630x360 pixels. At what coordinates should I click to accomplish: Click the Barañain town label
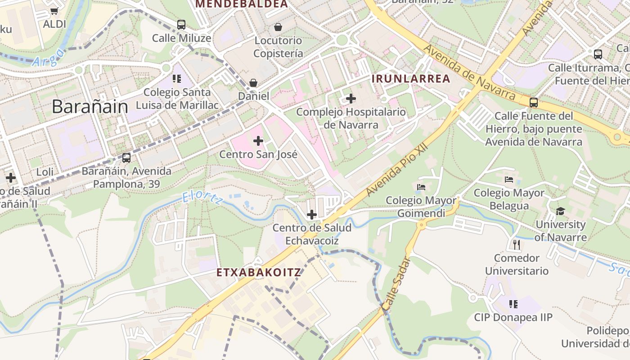pos(90,107)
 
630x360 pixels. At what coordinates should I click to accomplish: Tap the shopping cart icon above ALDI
pos(54,11)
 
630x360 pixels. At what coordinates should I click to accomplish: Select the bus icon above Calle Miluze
pos(181,25)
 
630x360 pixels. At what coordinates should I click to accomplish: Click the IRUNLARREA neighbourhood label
pos(411,79)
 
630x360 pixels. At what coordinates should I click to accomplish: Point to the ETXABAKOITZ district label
pos(259,273)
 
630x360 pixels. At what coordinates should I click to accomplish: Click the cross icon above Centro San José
pos(258,141)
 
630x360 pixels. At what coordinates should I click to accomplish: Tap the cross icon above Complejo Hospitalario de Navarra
pos(351,99)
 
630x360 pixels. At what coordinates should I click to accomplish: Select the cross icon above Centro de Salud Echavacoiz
pos(311,215)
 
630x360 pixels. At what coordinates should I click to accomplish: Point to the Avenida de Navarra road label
pos(469,72)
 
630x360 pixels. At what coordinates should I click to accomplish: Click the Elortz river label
pos(202,198)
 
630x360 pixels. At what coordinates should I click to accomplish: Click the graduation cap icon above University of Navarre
pos(560,211)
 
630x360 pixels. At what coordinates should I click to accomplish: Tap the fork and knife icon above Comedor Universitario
pos(517,245)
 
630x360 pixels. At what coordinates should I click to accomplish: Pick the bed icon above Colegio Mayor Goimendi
pos(421,187)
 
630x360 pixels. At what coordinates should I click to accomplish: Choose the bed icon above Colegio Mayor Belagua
pos(509,180)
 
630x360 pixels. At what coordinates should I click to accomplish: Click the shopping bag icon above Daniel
pos(253,83)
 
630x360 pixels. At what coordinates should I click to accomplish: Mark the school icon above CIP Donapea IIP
pos(513,304)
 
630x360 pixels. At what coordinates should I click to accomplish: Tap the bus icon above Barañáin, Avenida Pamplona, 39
pos(126,158)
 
